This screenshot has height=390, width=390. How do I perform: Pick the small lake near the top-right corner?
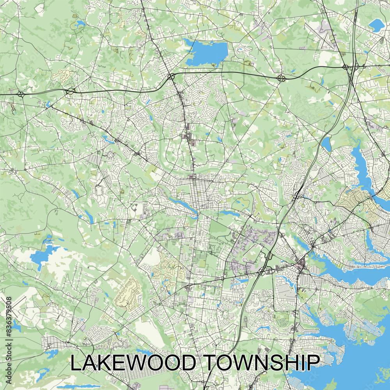coord(376,25)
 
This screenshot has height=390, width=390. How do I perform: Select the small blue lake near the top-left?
coord(79,24)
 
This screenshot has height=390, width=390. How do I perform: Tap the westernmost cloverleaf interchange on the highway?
coord(20,94)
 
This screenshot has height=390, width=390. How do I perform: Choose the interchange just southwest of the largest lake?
coord(171,76)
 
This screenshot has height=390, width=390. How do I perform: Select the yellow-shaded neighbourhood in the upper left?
coord(60,75)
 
